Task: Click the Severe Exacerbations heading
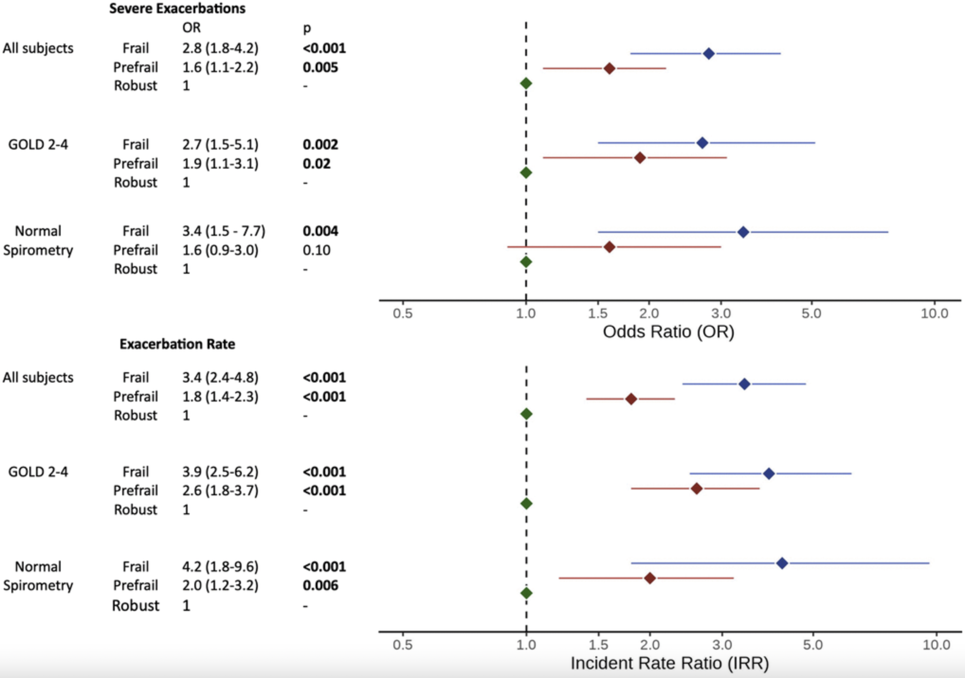177,9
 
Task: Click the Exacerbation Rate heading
177,344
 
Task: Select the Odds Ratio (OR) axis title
668,331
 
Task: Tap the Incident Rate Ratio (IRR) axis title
669,663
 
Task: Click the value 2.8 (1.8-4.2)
220,48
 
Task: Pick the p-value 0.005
320,67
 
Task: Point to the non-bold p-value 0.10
317,250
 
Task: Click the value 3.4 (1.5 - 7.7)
224,231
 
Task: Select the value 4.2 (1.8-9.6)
220,566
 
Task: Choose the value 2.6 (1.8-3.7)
220,491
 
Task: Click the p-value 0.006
320,585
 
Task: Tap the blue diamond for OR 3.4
743,232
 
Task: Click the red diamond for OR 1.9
640,158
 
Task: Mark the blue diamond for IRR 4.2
782,563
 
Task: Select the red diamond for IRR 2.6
696,488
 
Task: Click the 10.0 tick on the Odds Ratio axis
934,313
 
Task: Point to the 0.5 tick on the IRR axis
403,645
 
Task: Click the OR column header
191,27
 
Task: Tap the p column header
307,28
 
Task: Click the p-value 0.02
317,163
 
